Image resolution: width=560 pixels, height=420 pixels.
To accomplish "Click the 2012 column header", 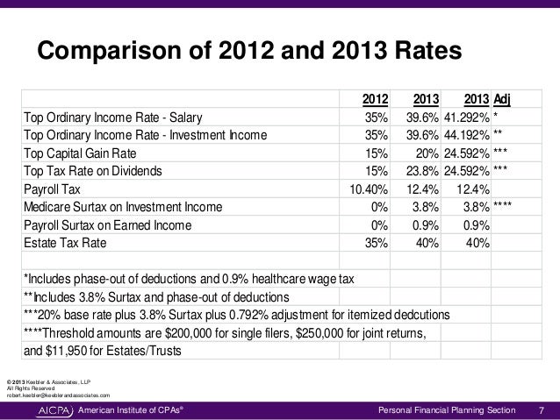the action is coord(375,99).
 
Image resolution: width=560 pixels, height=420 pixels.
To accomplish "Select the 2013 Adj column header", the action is coord(487,99).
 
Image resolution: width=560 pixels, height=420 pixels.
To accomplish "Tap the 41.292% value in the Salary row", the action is coord(467,117).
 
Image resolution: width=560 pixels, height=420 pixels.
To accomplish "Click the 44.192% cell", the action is coord(467,135).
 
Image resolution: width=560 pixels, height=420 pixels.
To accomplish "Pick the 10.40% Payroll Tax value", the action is coord(369,189).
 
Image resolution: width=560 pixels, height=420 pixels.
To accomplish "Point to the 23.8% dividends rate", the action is coord(422,171).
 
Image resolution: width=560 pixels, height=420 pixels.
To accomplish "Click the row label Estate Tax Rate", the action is coord(65,243).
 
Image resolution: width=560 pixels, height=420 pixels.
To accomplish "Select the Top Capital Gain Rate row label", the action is coord(80,153).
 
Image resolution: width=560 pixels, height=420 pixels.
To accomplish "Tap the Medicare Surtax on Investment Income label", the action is coord(123,207).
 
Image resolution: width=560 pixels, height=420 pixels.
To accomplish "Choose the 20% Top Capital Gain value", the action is coord(427,153).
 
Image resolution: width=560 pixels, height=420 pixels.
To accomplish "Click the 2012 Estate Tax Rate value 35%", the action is coord(377,243).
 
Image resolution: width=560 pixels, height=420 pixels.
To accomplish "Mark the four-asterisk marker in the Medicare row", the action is coord(502,204).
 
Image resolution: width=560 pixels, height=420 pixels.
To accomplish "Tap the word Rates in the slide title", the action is coord(428,50).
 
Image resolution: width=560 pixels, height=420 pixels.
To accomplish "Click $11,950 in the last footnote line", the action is coord(66,351).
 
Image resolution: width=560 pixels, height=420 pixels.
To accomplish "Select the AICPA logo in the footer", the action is coord(54,410).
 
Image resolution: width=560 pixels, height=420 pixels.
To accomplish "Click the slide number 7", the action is coord(542,410).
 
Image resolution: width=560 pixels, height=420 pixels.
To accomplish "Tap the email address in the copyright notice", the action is coord(59,395).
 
